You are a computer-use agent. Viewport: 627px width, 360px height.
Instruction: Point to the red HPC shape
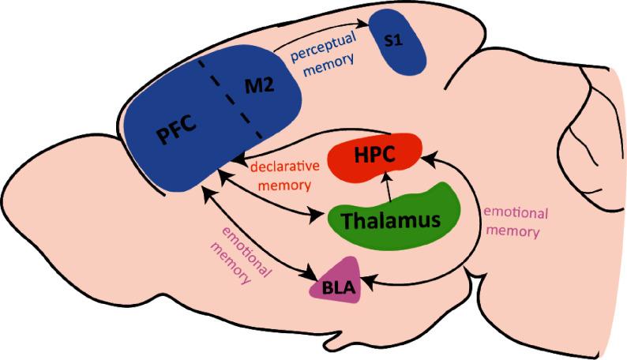click(x=376, y=156)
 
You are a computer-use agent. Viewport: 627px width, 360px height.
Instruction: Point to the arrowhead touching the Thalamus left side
click(x=321, y=213)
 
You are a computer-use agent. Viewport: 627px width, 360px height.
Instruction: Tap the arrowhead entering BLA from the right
click(x=366, y=278)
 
